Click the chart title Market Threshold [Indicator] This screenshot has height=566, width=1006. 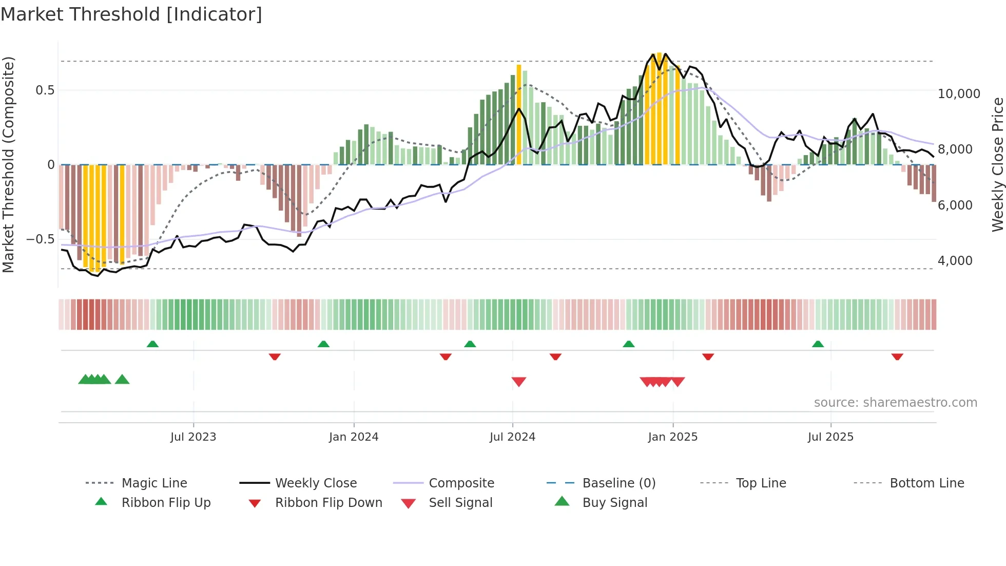click(131, 14)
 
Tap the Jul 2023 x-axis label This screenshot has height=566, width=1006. click(193, 437)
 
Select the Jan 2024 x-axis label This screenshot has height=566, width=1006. click(354, 437)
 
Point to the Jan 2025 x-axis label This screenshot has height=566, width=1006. click(672, 437)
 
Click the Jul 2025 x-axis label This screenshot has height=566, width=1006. click(830, 437)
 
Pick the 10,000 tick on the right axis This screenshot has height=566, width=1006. click(958, 94)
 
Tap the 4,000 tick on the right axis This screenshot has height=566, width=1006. click(955, 261)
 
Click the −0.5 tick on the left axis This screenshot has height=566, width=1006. click(40, 239)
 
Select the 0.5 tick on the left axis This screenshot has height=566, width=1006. click(45, 90)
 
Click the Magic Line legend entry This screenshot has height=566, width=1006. click(154, 483)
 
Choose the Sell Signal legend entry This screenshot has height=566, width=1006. click(460, 503)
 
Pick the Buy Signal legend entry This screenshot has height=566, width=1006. click(614, 503)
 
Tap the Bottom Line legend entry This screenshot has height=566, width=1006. click(926, 483)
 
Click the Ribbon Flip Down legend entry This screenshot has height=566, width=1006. click(328, 503)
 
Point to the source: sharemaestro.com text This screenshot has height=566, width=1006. click(895, 403)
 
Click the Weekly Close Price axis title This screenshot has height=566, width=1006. click(997, 164)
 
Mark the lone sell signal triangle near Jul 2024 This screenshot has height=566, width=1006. click(519, 382)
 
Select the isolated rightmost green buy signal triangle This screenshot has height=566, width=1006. click(122, 380)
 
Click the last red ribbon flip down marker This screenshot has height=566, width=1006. click(897, 356)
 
